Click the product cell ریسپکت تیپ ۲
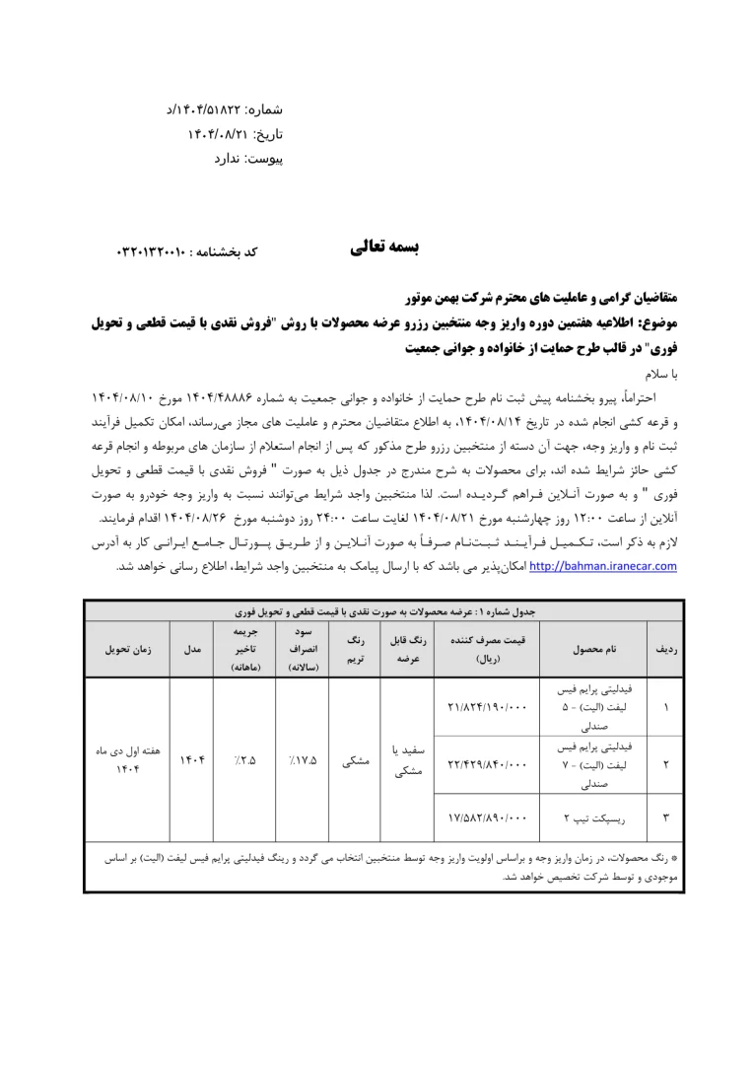click(593, 816)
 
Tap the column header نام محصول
click(593, 650)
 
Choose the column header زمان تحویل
click(127, 650)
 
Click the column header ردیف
click(665, 650)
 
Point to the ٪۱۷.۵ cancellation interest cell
click(303, 760)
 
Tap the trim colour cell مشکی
click(355, 760)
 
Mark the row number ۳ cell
click(665, 816)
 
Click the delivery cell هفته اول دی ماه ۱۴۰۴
click(127, 760)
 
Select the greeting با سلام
click(657, 375)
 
